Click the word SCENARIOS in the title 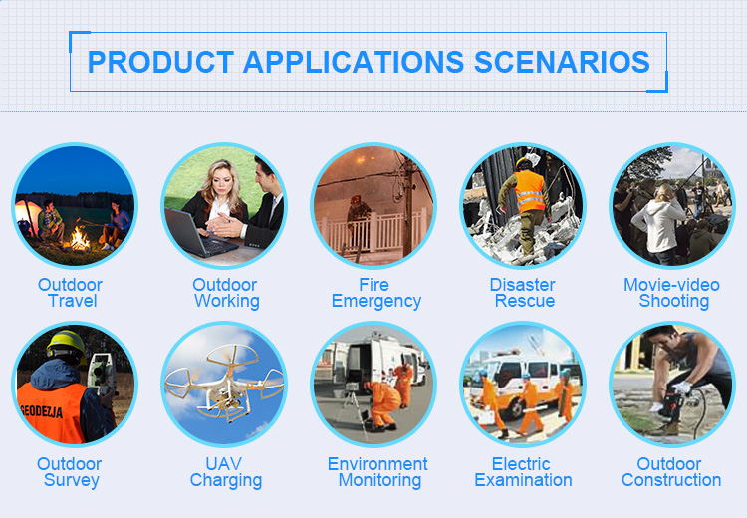(562, 62)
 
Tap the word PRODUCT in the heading (160, 62)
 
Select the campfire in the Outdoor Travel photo (78, 237)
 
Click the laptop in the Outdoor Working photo (197, 234)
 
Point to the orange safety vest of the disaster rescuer (529, 191)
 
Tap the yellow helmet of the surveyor (66, 342)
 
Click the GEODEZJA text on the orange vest (42, 410)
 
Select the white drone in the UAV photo (224, 383)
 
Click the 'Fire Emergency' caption (375, 293)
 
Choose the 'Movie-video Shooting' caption (671, 293)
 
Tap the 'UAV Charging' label (225, 472)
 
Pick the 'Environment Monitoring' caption (377, 472)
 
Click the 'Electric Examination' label (523, 472)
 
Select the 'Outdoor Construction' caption (671, 472)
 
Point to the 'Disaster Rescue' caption (523, 293)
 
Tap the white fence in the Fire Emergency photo (374, 231)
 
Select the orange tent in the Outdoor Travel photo (25, 216)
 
